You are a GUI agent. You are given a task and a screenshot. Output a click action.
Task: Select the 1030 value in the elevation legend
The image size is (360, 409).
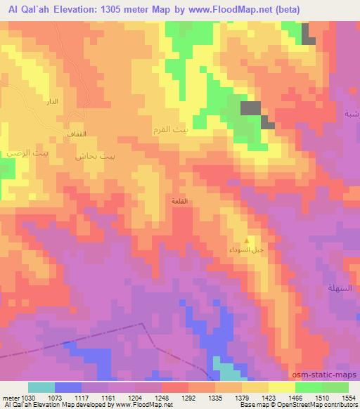27,398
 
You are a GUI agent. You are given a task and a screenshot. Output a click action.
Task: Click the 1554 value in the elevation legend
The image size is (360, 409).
348,398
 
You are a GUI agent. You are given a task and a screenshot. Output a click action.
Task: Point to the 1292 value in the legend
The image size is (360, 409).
188,398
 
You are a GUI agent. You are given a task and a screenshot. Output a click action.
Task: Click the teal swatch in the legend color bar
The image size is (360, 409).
41,387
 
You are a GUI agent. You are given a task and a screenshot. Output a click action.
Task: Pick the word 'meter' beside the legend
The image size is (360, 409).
10,398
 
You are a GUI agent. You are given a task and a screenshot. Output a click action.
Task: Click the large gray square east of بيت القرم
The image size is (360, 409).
250,108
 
